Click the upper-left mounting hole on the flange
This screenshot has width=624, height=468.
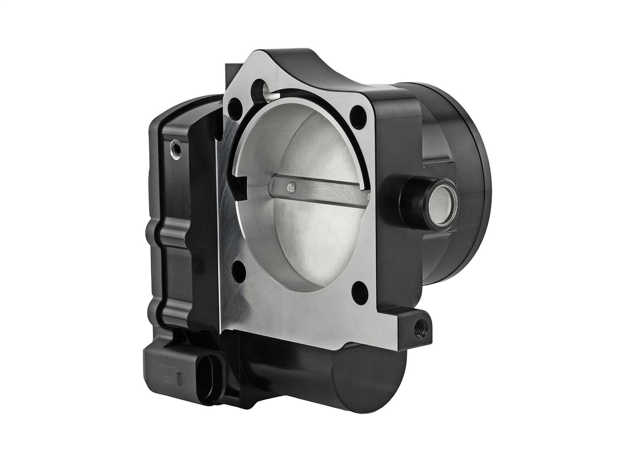click(x=235, y=109)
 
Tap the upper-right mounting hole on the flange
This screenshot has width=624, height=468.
click(x=358, y=117)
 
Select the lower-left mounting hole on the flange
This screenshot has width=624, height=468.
click(x=238, y=271)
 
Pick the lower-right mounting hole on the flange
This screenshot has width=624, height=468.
click(x=360, y=292)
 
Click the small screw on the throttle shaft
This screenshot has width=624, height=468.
click(x=291, y=187)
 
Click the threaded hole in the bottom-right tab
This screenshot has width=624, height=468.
click(x=421, y=327)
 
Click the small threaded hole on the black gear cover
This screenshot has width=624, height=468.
click(x=176, y=149)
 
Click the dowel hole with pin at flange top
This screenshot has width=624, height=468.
click(x=260, y=92)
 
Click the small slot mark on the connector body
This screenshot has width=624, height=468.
click(x=178, y=379)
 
